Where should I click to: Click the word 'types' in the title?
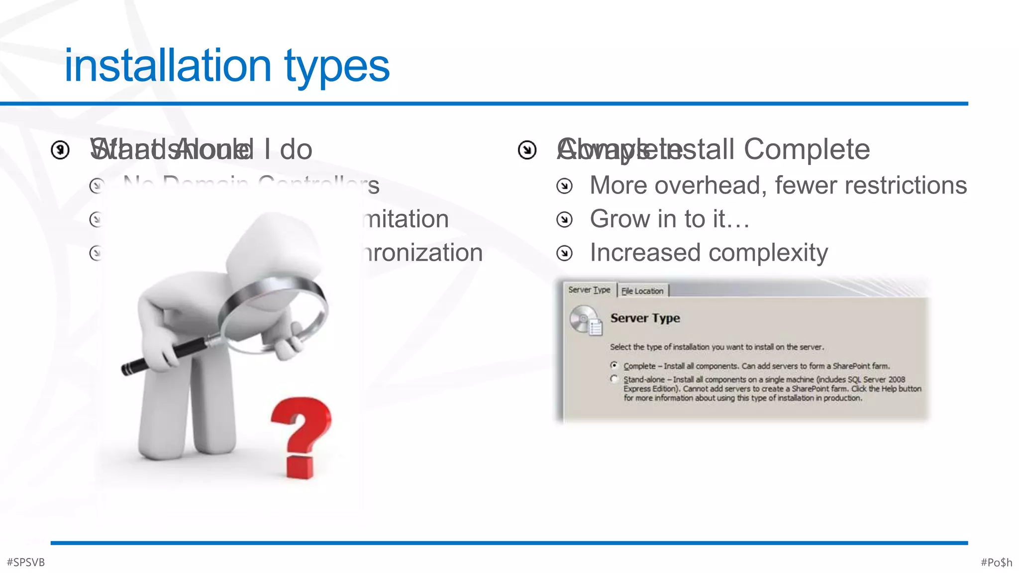pos(337,68)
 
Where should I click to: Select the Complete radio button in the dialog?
pos(614,365)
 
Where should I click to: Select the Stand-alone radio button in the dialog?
pos(614,379)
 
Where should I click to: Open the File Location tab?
pos(642,291)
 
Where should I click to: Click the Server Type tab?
pos(589,289)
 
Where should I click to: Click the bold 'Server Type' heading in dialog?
pos(645,318)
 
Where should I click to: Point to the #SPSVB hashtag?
pos(26,562)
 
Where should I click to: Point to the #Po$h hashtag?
pos(996,562)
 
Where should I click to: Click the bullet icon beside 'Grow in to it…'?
pos(564,219)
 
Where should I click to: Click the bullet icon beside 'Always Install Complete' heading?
pos(527,150)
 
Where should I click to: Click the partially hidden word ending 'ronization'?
pos(423,253)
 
